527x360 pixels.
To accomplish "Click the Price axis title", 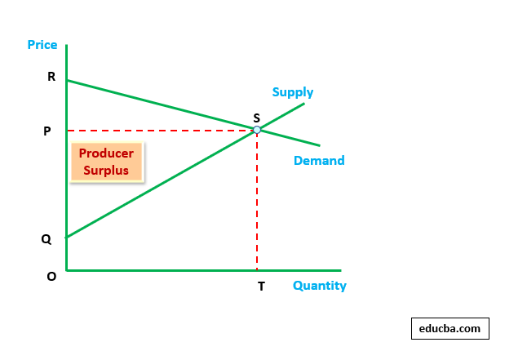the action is tap(42, 45).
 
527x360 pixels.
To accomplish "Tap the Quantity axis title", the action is tap(319, 286).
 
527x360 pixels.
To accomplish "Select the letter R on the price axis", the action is tap(51, 78).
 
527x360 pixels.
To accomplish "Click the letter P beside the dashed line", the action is tap(47, 131).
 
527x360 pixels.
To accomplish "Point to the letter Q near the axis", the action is tap(46, 239).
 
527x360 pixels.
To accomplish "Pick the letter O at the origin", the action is tap(51, 276).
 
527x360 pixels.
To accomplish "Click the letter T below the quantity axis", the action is tap(261, 287).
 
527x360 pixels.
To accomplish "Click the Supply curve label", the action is tap(293, 92).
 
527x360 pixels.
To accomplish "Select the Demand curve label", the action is tap(319, 161).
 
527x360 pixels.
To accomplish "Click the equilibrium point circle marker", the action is tap(257, 130).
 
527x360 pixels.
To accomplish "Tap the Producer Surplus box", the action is tap(106, 162).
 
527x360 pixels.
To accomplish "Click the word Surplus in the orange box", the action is tap(106, 171).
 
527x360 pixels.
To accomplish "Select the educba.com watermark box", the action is tap(449, 328).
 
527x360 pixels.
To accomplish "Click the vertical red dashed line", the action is tap(257, 204).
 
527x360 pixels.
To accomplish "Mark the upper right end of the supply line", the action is tap(303, 103).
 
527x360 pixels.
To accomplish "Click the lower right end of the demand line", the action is tap(319, 146).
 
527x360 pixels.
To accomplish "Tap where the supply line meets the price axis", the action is tap(67, 237).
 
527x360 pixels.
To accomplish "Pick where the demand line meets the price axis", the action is tap(67, 80).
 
